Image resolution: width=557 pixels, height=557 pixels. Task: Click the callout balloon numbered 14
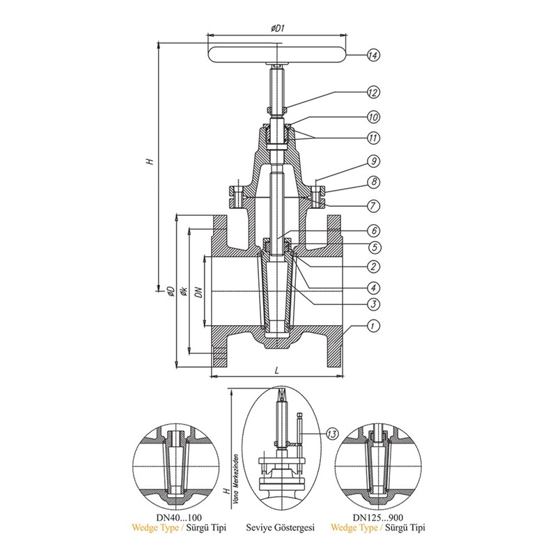[373, 56]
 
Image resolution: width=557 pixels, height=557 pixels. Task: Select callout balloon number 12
[373, 93]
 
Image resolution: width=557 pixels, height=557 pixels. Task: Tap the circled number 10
[373, 117]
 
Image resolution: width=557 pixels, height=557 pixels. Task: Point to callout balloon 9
[373, 162]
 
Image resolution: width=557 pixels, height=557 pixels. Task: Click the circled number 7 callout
[373, 206]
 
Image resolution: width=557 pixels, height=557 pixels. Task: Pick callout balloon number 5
[375, 248]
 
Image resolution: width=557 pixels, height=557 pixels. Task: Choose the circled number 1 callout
[373, 326]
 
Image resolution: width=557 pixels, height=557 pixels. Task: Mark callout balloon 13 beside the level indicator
[332, 434]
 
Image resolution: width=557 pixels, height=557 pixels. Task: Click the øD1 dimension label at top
[277, 28]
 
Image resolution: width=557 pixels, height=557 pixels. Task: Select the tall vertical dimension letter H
[150, 161]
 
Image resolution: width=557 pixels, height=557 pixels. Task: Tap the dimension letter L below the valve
[276, 370]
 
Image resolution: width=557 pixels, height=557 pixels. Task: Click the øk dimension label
[184, 291]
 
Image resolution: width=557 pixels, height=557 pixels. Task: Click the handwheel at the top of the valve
[276, 55]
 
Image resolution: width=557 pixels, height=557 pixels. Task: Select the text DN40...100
[179, 517]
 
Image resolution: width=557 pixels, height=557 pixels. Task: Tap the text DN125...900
[378, 517]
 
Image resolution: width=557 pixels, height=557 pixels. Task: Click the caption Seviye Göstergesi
[281, 528]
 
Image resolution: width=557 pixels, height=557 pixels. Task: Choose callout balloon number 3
[373, 304]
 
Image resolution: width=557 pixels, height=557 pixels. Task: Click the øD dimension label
[171, 291]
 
